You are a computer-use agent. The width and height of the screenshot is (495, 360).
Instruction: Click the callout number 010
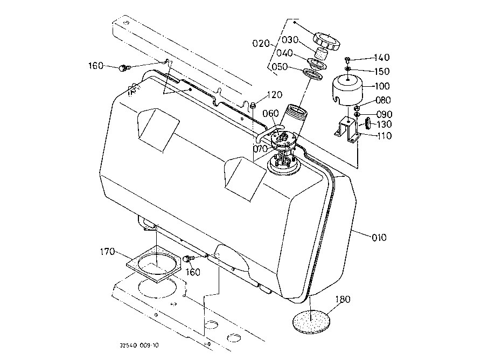point(379,238)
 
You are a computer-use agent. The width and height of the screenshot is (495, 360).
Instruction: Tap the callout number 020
point(261,43)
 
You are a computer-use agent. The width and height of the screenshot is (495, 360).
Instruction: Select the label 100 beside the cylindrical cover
point(382,86)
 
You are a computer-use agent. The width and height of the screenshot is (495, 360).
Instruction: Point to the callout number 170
point(107,252)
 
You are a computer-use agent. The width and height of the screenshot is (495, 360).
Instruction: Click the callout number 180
point(343,299)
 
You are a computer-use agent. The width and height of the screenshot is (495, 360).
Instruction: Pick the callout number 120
point(275,95)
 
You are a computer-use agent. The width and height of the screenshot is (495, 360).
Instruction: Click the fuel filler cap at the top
point(327,41)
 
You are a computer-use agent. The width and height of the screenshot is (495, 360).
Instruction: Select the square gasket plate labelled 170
point(154,264)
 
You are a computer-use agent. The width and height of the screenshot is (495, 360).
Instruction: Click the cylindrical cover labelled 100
point(347,89)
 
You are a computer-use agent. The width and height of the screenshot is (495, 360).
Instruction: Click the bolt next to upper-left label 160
point(124,67)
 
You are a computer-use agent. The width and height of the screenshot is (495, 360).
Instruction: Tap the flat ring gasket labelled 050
point(313,74)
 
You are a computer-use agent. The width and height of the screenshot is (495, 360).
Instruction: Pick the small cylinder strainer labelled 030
point(322,54)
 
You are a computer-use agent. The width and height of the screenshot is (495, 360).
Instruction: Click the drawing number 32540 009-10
point(139,345)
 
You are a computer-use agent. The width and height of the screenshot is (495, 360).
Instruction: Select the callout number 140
point(382,58)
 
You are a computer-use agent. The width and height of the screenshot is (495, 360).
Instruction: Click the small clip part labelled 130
point(368,123)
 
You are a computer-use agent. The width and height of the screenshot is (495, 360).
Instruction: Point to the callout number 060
point(270,113)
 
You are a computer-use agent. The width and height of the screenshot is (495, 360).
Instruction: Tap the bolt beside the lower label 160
point(189,258)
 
